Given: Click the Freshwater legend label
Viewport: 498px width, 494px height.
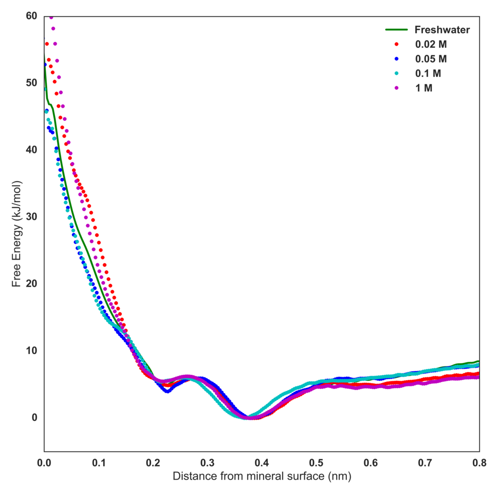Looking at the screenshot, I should point(442,30).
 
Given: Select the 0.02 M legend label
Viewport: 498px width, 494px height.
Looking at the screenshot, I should point(431,45).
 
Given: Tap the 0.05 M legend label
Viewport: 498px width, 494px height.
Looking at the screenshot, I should point(431,59).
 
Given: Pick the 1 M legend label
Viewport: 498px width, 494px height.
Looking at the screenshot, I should point(424,87).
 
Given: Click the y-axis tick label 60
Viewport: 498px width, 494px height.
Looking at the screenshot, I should point(31,16).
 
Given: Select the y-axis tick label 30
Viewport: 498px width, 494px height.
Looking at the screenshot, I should point(31,217).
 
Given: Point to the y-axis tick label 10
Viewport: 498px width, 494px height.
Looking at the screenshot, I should point(31,350).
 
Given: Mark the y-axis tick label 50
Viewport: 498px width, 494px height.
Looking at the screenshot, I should point(31,83).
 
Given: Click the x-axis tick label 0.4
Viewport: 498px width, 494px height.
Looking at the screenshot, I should point(262,463).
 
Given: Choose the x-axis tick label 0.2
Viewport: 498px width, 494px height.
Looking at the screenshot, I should point(153,463).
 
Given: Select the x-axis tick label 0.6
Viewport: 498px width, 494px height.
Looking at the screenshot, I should point(370,463).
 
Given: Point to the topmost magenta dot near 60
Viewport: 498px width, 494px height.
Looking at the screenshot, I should point(51,17).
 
